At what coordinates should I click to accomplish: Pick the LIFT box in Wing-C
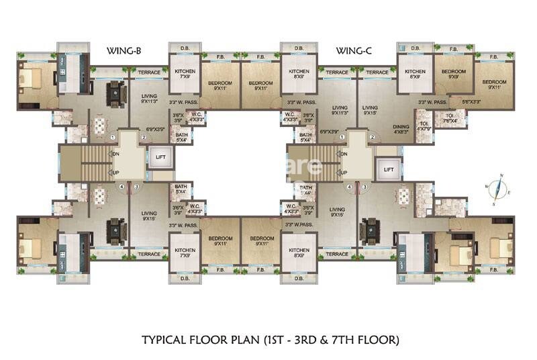389,170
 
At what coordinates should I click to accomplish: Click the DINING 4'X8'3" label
401,129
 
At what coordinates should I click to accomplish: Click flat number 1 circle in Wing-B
113,137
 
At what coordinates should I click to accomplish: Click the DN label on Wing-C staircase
343,154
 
